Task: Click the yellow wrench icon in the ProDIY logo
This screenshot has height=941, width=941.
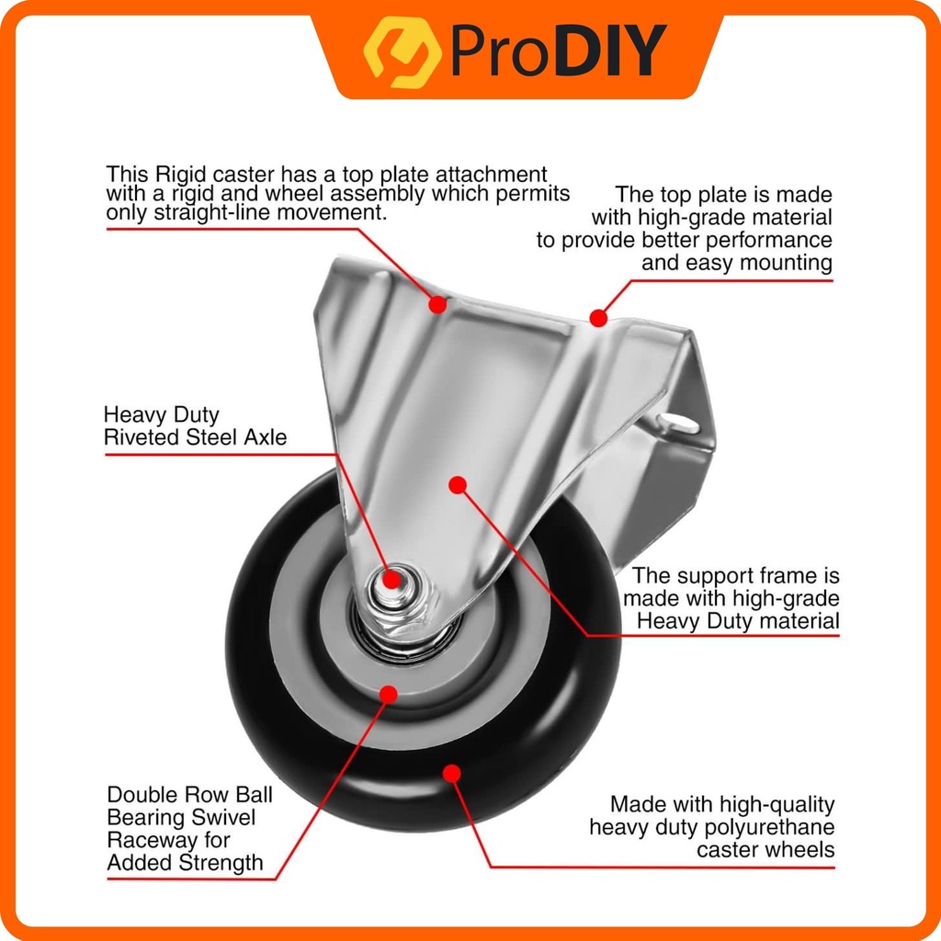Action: tap(402, 52)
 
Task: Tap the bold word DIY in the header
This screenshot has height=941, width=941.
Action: tap(611, 51)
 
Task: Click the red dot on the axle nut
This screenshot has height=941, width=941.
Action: tap(391, 579)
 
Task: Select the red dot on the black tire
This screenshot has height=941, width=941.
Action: tap(452, 773)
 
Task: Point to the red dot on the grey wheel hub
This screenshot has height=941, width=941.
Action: tap(389, 695)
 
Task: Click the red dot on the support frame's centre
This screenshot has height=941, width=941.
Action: tap(458, 485)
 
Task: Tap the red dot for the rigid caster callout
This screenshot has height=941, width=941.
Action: tap(437, 304)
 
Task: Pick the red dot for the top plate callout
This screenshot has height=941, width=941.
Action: tap(597, 318)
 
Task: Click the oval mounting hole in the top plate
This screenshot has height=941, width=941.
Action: tap(678, 423)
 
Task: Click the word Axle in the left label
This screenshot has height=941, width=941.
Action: tap(265, 436)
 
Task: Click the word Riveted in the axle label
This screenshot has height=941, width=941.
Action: tap(142, 436)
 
